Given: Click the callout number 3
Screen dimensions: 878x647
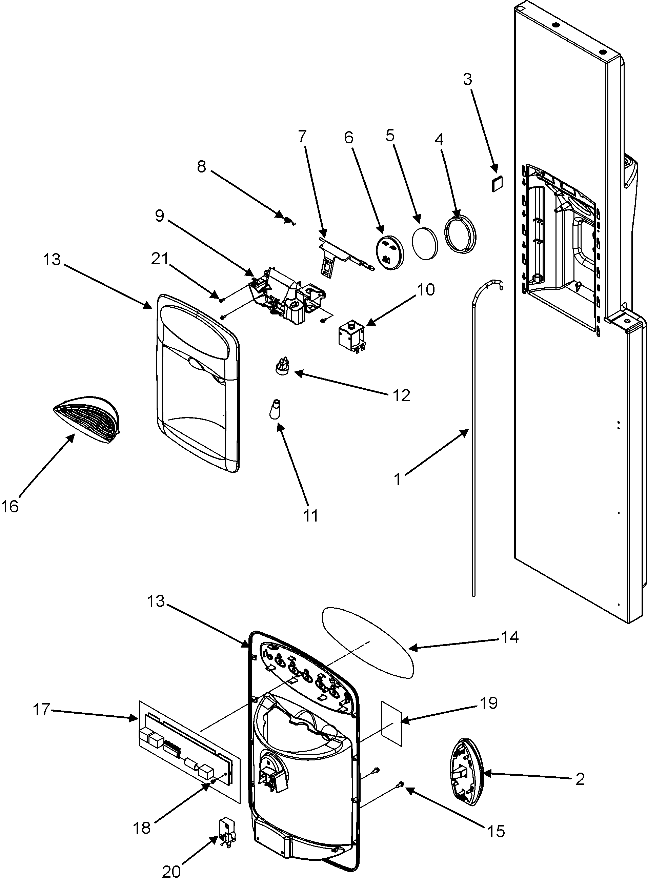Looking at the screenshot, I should tap(468, 80).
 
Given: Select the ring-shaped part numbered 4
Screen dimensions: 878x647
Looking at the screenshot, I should tap(461, 233).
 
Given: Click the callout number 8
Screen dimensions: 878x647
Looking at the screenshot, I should tap(201, 167).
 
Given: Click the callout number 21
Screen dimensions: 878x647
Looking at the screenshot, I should tap(160, 259).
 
